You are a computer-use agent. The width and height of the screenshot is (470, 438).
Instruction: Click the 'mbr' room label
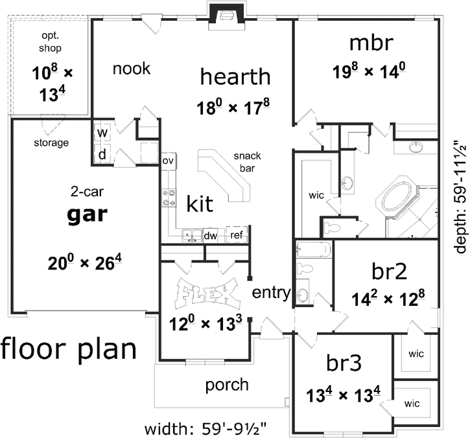pyautogui.click(x=371, y=43)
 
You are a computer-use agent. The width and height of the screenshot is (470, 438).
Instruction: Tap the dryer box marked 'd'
pyautogui.click(x=102, y=154)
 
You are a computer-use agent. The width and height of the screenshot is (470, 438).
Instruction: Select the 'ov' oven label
pyautogui.click(x=168, y=160)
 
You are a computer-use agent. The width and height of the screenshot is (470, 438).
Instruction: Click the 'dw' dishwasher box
pyautogui.click(x=210, y=236)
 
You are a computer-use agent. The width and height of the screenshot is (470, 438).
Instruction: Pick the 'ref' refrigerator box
pyautogui.click(x=236, y=235)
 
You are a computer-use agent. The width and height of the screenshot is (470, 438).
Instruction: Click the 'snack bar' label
pyautogui.click(x=247, y=161)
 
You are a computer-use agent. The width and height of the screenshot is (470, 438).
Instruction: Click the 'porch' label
pyautogui.click(x=226, y=385)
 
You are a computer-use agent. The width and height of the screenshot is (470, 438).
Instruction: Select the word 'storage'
pyautogui.click(x=51, y=143)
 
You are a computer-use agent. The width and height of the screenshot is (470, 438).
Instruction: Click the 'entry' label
pyautogui.click(x=271, y=292)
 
